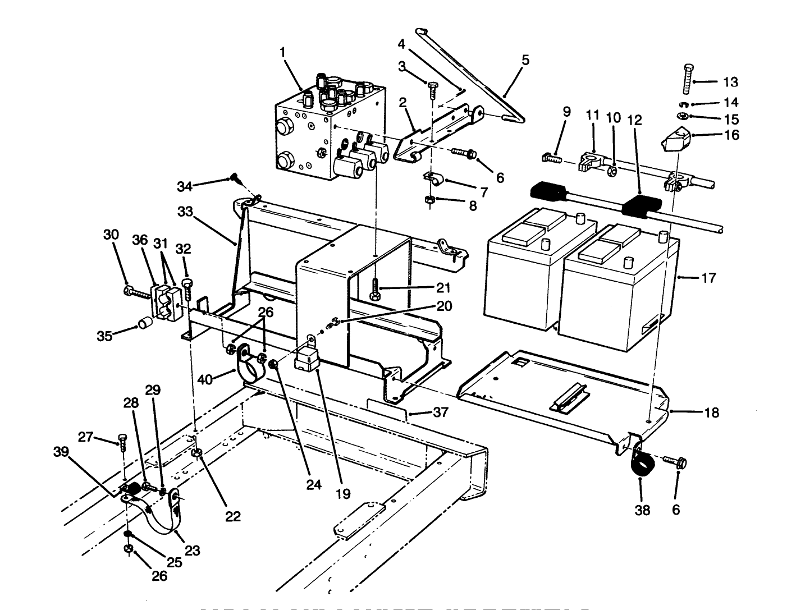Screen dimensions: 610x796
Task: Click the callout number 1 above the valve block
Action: coord(283,52)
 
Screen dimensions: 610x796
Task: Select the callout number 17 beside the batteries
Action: coord(709,278)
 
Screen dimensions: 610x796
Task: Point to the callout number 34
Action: coord(186,186)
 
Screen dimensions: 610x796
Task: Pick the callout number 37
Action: coord(441,412)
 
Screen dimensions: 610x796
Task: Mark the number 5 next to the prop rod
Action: coord(525,60)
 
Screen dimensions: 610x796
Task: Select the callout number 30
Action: coord(111,235)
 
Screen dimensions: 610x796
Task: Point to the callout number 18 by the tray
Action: coord(711,412)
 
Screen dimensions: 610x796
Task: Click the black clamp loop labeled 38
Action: coord(641,465)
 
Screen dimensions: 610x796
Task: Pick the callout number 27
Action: coord(85,437)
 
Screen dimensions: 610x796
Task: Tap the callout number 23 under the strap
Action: coord(192,551)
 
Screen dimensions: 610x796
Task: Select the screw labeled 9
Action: coord(550,159)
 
